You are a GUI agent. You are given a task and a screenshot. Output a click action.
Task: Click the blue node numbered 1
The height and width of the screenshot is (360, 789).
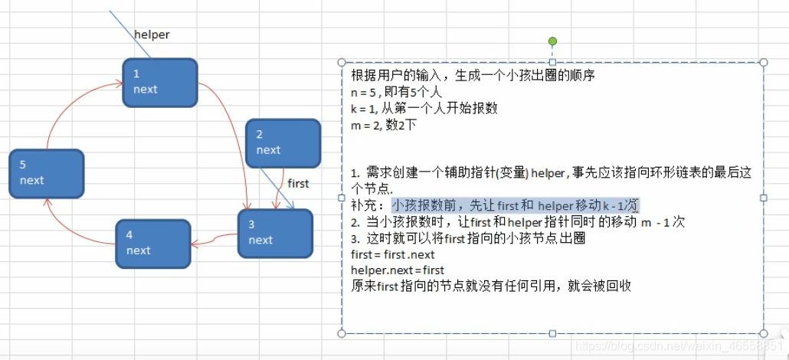coord(160,82)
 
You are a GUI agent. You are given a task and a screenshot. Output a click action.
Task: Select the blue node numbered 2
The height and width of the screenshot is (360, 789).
coord(283,142)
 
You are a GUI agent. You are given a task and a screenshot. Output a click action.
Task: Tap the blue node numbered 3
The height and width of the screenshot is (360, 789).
coord(275,233)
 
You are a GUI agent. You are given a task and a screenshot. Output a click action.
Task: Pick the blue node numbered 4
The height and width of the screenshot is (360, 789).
coord(152,244)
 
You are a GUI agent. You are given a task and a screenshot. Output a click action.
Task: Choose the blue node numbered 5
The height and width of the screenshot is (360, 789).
coord(46,173)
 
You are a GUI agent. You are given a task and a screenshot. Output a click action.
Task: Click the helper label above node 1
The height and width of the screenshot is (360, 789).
coord(152,34)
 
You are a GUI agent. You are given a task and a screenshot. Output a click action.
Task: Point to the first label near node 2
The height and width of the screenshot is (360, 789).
coord(298,183)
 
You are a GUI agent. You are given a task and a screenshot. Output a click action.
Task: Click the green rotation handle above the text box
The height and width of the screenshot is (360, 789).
coord(552,41)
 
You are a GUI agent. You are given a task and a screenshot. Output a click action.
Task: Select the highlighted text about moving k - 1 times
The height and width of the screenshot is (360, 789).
coord(515,205)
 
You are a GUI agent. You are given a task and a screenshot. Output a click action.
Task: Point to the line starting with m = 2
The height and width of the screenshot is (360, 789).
coord(384,124)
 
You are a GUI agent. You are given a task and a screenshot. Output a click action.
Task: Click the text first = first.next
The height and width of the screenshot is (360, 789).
coord(392,254)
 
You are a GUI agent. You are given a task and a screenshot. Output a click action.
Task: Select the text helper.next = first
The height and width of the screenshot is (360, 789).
coord(398,270)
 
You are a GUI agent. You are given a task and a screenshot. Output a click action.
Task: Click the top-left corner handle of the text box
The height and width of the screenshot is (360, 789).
coord(342,62)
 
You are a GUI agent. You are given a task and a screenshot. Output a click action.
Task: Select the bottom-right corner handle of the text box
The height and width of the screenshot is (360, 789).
coord(763,333)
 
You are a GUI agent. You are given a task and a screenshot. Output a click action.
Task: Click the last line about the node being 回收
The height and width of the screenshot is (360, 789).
coord(490,286)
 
